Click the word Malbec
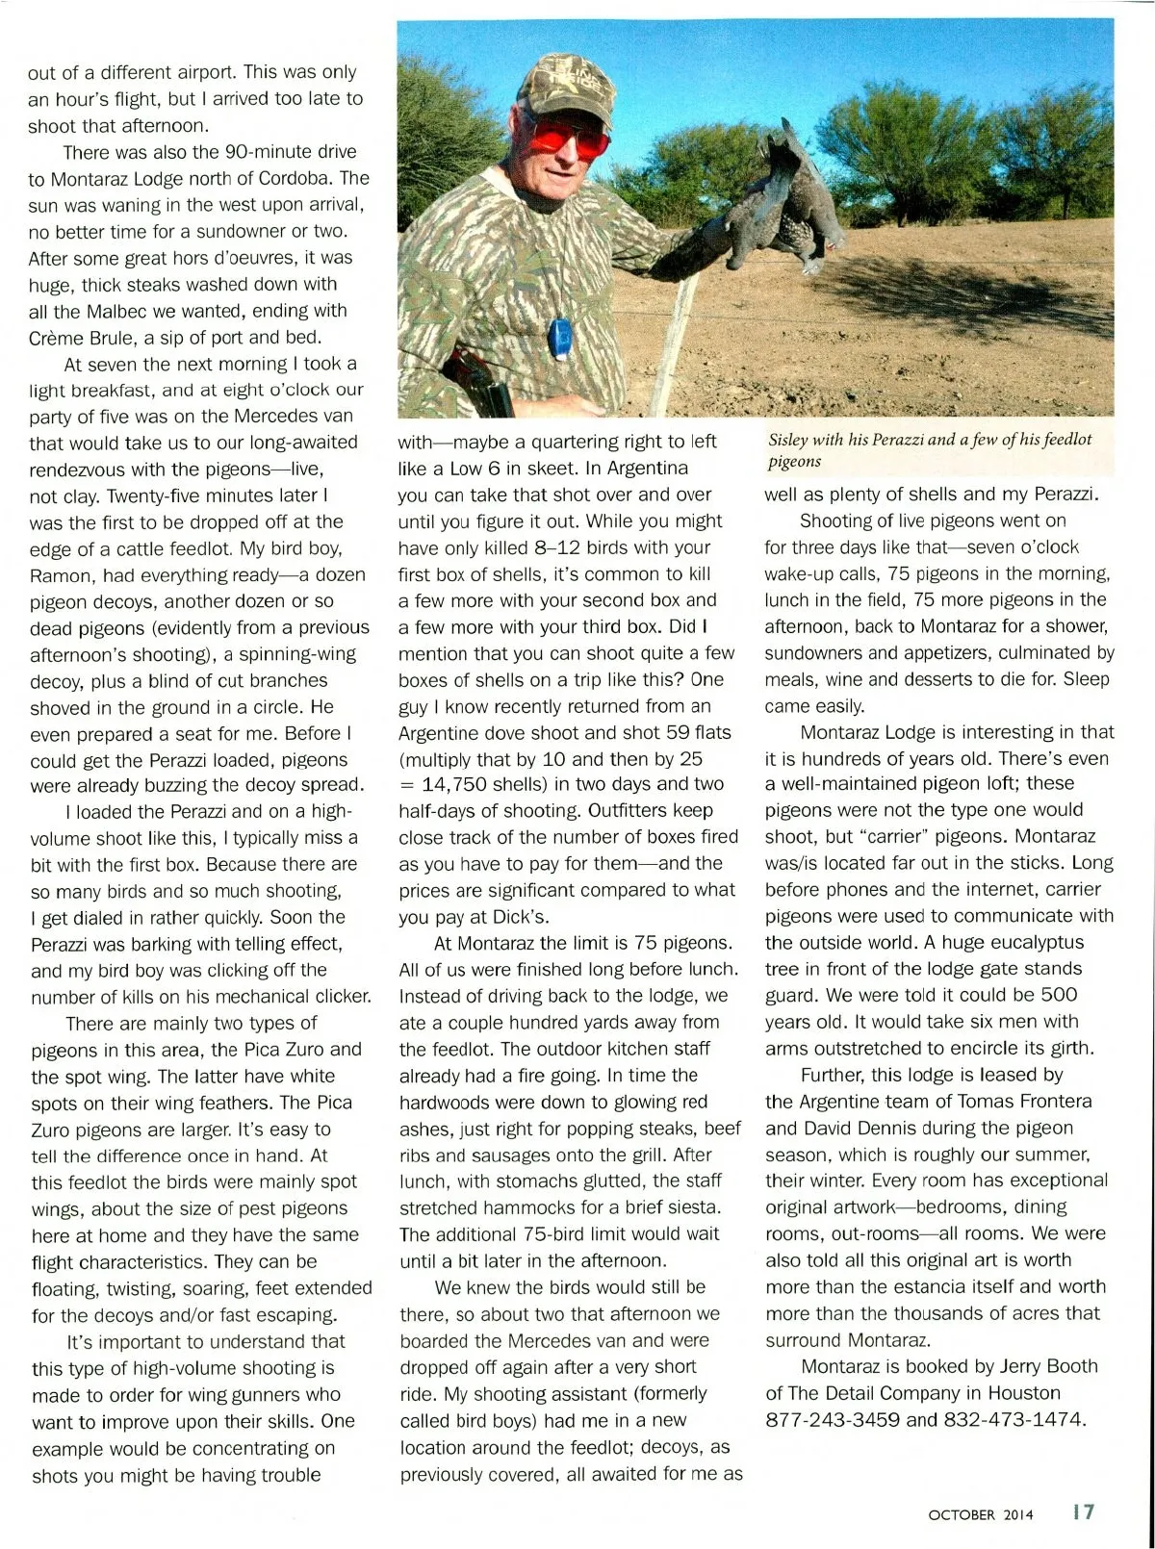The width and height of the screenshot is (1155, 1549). point(122,311)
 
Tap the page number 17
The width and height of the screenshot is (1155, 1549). point(1083,1511)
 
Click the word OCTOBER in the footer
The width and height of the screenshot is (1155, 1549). point(962,1514)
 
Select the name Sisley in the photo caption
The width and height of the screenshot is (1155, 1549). point(789,440)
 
